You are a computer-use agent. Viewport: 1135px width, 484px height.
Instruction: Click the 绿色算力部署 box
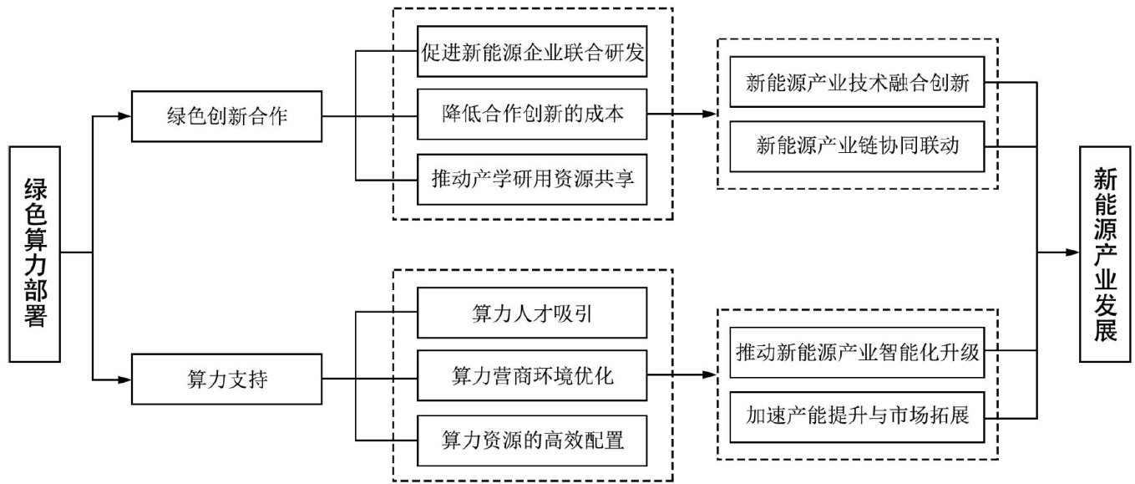coord(35,253)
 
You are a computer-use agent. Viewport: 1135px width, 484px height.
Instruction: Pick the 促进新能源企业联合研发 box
coord(533,52)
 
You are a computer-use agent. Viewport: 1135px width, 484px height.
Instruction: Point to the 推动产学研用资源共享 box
coord(533,179)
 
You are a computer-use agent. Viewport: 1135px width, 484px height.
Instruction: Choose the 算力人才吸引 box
coord(533,313)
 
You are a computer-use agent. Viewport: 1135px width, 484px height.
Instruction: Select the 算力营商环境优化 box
coord(533,376)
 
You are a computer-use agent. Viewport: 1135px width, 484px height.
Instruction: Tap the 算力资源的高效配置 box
coord(533,440)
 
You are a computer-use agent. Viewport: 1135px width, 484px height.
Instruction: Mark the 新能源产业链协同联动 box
coord(858,145)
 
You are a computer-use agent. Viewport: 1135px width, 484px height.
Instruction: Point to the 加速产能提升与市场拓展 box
coord(858,415)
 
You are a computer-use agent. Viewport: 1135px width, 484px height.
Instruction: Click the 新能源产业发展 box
coord(1106,253)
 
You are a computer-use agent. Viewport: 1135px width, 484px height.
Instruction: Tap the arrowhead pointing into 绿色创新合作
coord(125,116)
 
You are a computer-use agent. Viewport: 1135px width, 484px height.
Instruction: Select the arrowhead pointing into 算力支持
coord(125,380)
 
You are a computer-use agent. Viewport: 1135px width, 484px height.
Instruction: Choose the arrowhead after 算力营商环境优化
coord(710,376)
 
